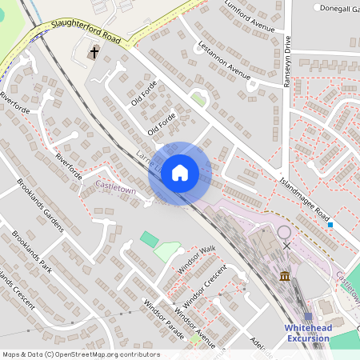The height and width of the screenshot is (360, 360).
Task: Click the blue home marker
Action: coord(180,173)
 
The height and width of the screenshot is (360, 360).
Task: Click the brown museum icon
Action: coord(286,277)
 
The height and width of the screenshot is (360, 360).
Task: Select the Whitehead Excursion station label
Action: coord(308,334)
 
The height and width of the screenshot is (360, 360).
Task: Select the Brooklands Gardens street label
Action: coord(40,204)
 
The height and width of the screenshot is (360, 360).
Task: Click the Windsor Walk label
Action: coord(197,261)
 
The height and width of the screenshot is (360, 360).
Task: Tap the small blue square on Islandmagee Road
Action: coord(330,225)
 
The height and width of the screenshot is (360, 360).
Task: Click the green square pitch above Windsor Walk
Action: coord(149,238)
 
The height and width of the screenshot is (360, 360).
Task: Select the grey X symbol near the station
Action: coord(286,246)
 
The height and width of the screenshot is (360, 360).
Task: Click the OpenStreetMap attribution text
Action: coord(81,354)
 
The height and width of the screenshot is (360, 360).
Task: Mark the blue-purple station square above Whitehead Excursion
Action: coord(308,317)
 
